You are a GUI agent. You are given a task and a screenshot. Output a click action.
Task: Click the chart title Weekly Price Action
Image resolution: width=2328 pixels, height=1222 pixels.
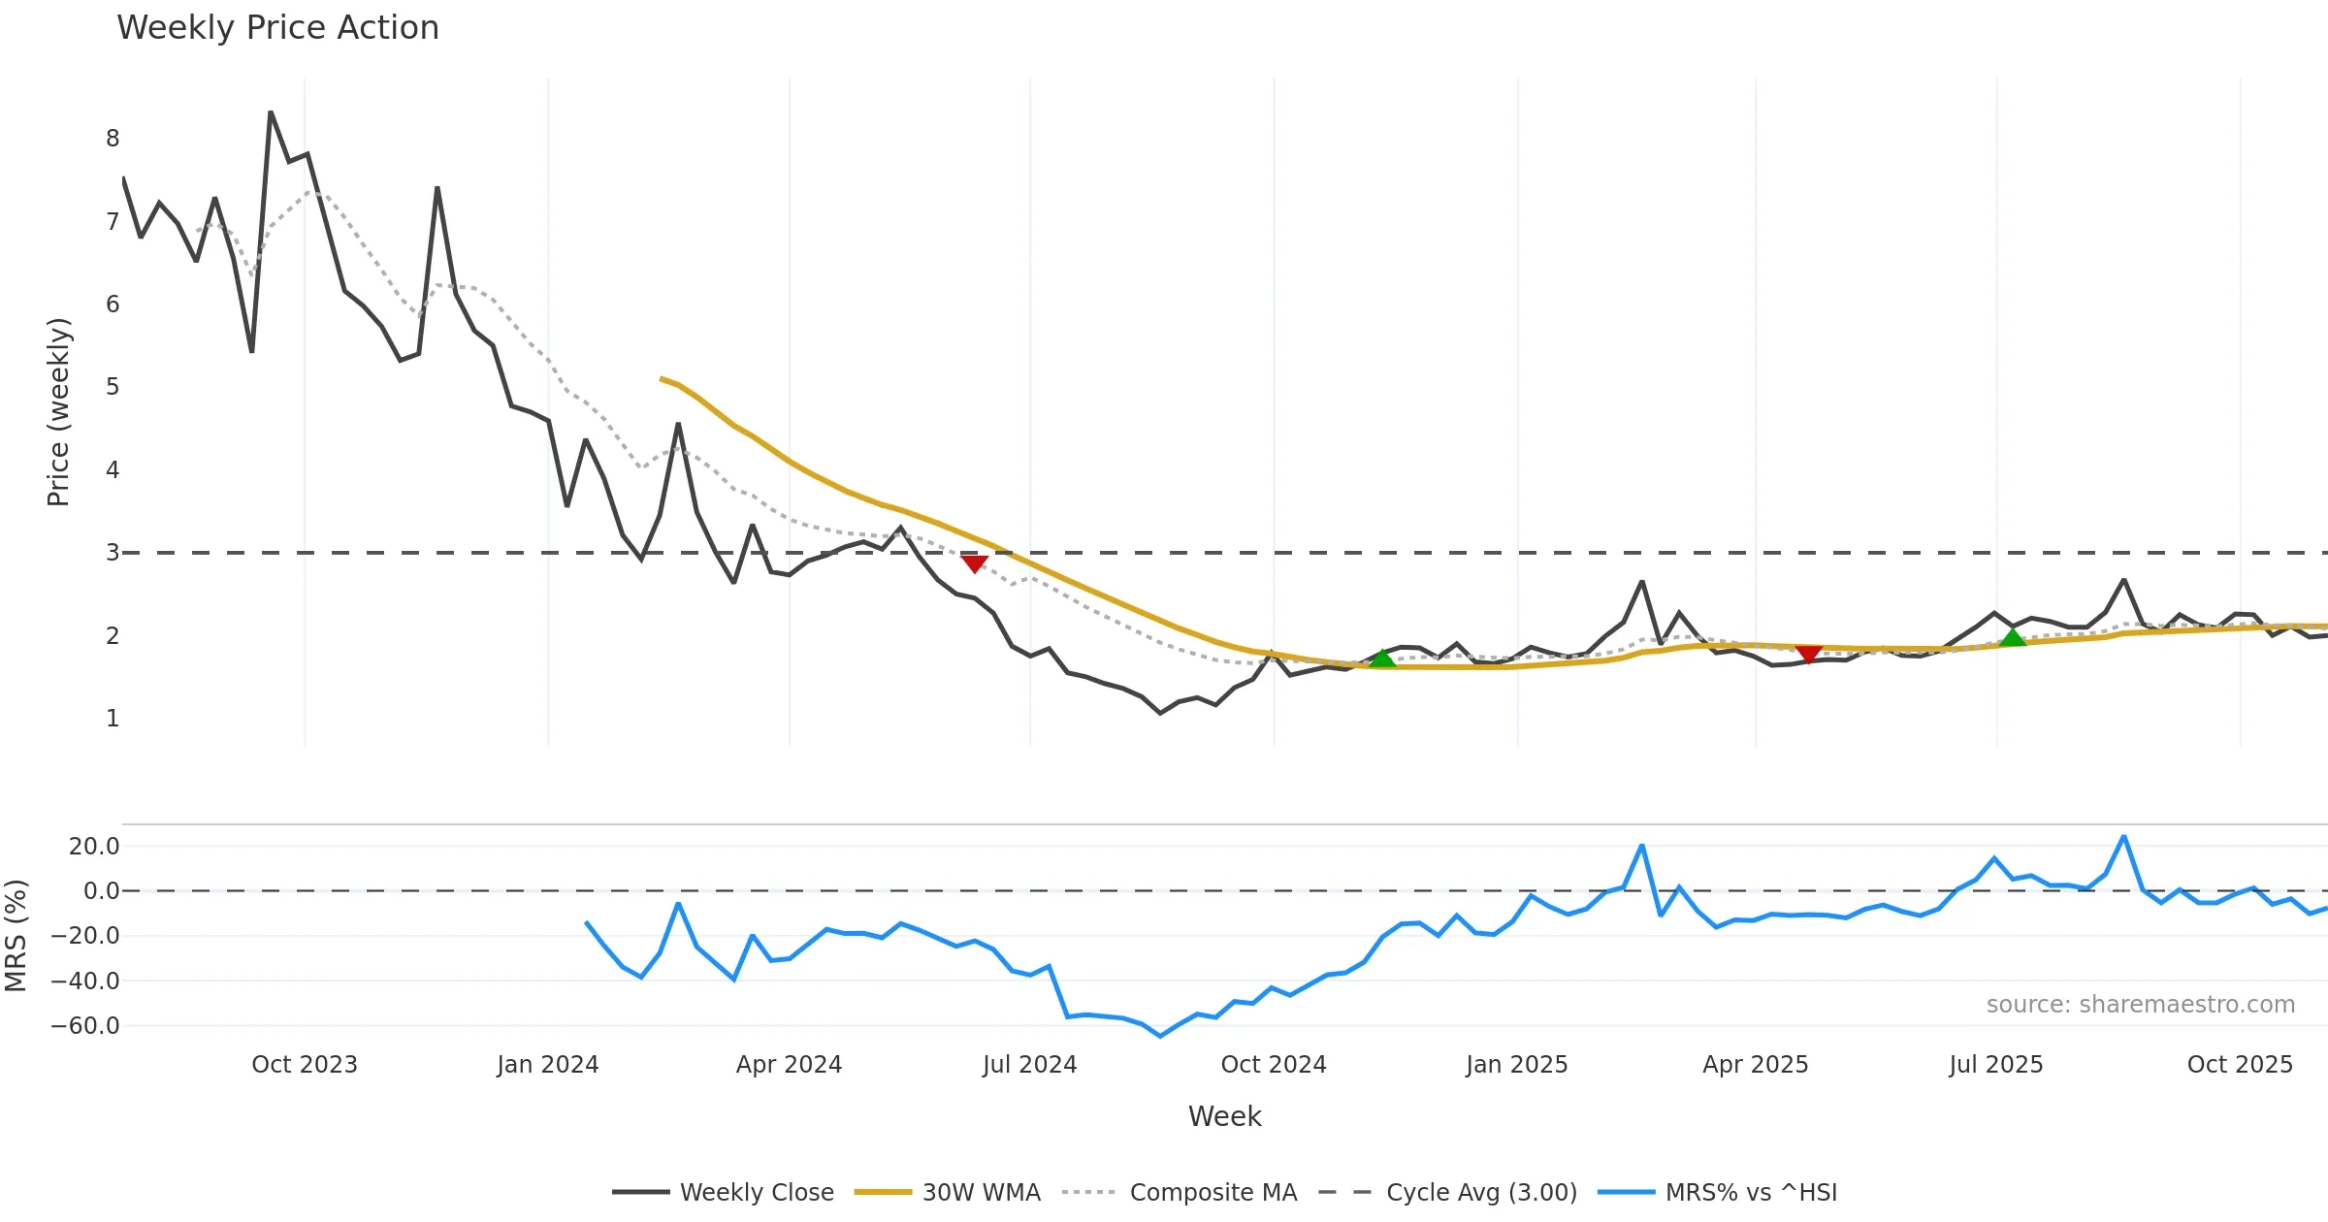pyautogui.click(x=277, y=28)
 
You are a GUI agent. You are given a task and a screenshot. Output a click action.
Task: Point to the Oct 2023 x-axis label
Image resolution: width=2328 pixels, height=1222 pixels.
pyautogui.click(x=305, y=1064)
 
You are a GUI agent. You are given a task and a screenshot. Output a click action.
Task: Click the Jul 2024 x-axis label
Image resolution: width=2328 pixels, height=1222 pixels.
pyautogui.click(x=1029, y=1064)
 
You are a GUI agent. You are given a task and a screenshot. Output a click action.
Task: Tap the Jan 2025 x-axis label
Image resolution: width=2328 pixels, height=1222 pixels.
pyautogui.click(x=1516, y=1064)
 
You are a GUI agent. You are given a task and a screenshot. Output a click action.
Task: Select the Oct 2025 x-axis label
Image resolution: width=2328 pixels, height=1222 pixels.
pyautogui.click(x=2240, y=1064)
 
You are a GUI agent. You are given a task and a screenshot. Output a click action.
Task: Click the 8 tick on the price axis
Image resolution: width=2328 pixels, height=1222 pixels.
pyautogui.click(x=113, y=139)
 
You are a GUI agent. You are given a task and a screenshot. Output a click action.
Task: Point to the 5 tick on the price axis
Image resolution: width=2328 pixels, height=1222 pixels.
pyautogui.click(x=113, y=387)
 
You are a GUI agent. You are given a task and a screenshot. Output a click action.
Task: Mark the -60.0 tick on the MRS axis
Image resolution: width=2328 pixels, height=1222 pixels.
pyautogui.click(x=85, y=1025)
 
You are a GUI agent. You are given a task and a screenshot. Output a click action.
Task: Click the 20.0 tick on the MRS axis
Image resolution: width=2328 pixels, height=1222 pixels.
pyautogui.click(x=94, y=847)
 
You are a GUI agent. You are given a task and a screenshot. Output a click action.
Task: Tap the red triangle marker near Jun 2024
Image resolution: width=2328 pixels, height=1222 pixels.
pyautogui.click(x=974, y=563)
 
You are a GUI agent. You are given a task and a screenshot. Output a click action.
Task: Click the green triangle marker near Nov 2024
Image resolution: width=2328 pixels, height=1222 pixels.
pyautogui.click(x=1381, y=659)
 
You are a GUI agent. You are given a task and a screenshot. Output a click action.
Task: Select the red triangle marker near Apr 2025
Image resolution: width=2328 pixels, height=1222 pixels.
pyautogui.click(x=1808, y=654)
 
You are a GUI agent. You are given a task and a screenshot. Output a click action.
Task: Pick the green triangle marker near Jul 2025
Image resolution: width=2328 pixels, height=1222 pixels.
pyautogui.click(x=2013, y=637)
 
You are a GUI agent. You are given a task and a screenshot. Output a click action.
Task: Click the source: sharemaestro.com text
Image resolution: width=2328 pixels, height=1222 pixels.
pyautogui.click(x=2140, y=1004)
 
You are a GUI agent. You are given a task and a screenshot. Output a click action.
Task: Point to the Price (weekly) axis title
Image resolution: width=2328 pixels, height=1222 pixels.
pyautogui.click(x=58, y=412)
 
